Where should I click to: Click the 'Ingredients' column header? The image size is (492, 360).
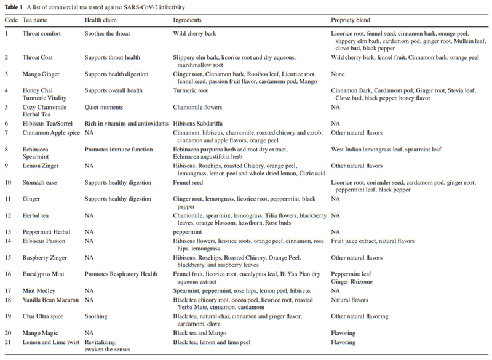tap(189, 20)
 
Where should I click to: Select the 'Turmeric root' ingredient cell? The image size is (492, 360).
tap(193, 90)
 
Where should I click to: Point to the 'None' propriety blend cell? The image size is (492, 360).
tap(339, 74)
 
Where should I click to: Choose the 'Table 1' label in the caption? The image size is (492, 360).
tap(15, 6)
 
